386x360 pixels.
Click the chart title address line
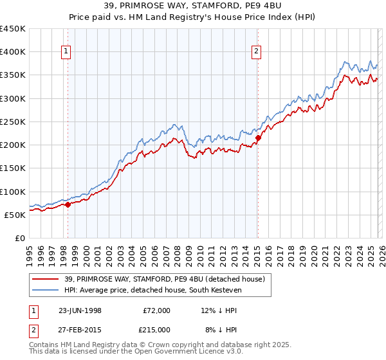193,6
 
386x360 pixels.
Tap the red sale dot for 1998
68,204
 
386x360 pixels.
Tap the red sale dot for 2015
257,138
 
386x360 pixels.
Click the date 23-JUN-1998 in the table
80,310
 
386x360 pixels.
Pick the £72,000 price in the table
156,310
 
